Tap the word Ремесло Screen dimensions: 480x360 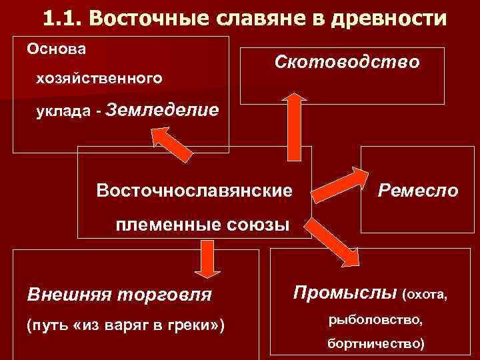[x=417, y=191]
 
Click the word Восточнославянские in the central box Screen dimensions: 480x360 [x=195, y=191]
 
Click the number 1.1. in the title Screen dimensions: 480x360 [x=65, y=18]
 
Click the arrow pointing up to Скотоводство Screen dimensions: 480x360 [x=293, y=127]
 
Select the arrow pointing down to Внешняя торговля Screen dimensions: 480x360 [x=207, y=258]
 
